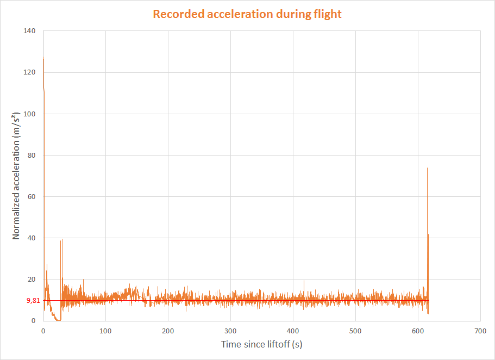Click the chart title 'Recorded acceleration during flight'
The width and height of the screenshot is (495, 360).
point(247,14)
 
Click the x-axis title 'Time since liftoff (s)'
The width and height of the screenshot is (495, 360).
point(261,344)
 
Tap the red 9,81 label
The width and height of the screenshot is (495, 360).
point(33,300)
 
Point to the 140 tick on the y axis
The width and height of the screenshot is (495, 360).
point(29,31)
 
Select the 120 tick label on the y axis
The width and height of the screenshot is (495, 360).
point(29,72)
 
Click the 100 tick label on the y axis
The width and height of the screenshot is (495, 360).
point(29,114)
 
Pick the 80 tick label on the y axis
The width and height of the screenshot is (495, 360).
point(31,155)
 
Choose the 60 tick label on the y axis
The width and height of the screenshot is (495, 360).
point(31,196)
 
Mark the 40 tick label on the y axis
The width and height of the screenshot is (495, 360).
point(31,238)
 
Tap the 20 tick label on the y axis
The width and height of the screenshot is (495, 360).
point(31,279)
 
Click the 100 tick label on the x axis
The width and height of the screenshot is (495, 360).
point(105,331)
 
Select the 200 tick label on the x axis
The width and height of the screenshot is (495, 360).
point(168,331)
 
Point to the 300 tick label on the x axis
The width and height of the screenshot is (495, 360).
point(230,331)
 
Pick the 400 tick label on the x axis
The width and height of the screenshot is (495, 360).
point(293,331)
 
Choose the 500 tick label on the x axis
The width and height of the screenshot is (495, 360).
point(355,331)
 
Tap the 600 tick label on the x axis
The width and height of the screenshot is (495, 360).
point(418,331)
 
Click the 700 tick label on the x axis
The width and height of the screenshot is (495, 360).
point(480,331)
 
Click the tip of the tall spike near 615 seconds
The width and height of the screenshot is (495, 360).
point(427,168)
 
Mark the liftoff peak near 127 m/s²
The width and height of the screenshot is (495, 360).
point(43,58)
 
